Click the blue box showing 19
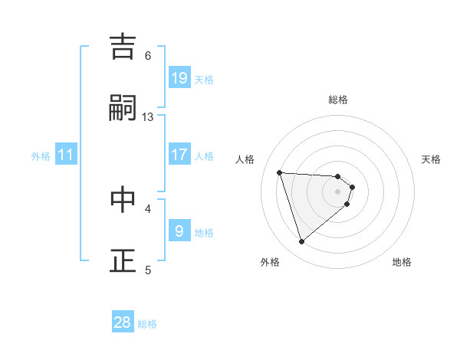coord(179,78)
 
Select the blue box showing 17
coord(179,155)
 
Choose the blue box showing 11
coord(66,155)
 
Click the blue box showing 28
coord(123,322)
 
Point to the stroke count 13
coord(148,117)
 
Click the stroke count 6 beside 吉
coord(148,55)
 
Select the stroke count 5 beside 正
coord(148,270)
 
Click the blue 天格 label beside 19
coord(204,79)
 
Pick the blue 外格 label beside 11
coord(41,156)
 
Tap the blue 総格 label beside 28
coord(147,324)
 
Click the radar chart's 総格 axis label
coord(338,100)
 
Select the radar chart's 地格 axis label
coord(402,263)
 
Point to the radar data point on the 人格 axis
coord(280,172)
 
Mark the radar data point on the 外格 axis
coord(301,242)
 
